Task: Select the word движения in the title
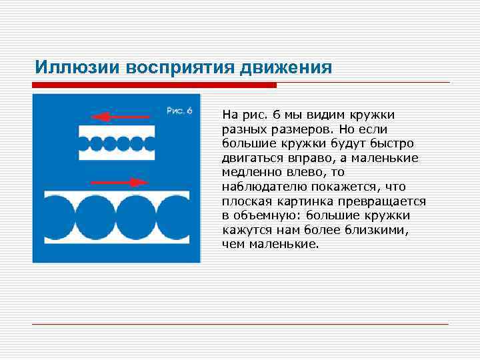click(290, 67)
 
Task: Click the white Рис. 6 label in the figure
click(179, 111)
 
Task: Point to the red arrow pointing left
click(117, 117)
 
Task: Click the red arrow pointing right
click(119, 181)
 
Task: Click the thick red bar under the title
click(154, 85)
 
